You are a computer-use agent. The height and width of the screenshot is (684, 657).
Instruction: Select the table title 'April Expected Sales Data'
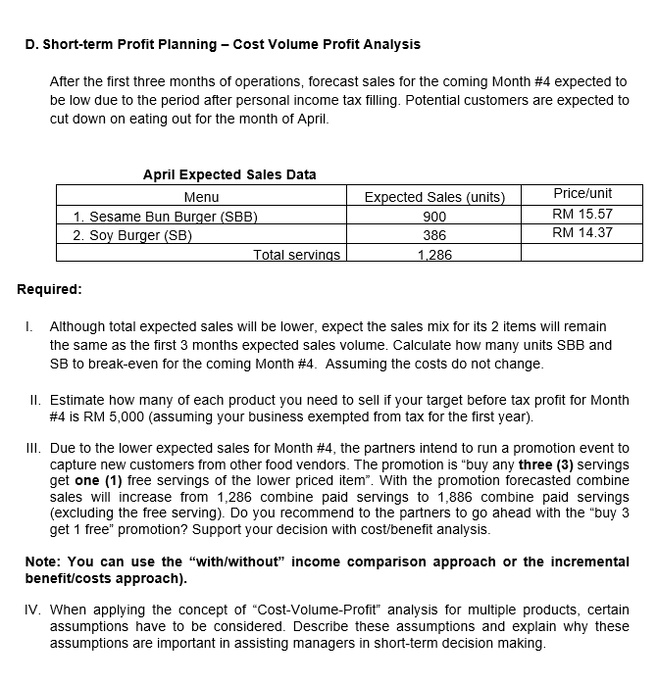point(229,174)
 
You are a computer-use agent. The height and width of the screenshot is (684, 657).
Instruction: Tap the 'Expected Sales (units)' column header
point(434,198)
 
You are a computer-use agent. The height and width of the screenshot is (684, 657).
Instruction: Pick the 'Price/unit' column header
point(582,194)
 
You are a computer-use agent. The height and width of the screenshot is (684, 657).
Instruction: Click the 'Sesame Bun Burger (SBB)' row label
point(165,217)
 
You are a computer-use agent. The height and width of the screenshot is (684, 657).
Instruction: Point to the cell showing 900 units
point(434,217)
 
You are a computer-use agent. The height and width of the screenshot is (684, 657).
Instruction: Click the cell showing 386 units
point(434,235)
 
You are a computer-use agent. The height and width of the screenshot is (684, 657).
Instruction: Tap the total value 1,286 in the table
point(434,255)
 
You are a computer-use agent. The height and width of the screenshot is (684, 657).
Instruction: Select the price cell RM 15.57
point(582,214)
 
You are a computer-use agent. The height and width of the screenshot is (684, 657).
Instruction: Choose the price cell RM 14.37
point(582,232)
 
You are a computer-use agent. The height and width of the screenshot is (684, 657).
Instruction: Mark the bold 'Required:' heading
point(50,289)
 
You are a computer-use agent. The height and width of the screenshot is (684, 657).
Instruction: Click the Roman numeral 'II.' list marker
point(34,400)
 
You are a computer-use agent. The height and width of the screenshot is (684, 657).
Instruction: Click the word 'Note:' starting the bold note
point(44,562)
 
